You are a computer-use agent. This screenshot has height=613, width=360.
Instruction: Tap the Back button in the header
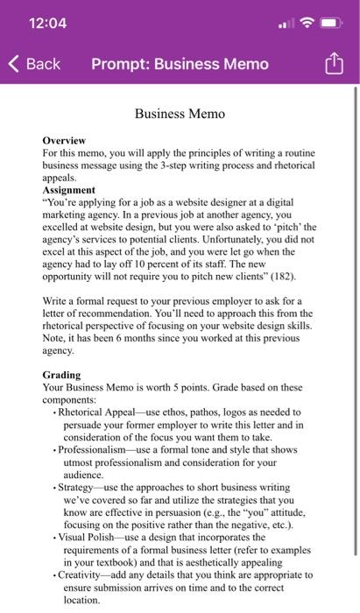pyautogui.click(x=35, y=64)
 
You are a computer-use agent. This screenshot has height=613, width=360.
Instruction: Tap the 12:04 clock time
pyautogui.click(x=47, y=23)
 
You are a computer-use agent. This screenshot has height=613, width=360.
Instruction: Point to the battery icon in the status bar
pyautogui.click(x=335, y=23)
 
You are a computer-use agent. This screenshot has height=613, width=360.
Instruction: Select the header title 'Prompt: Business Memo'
pyautogui.click(x=180, y=64)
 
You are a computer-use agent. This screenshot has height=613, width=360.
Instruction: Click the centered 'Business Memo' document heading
pyautogui.click(x=180, y=114)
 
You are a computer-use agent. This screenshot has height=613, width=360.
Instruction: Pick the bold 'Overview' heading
pyautogui.click(x=64, y=140)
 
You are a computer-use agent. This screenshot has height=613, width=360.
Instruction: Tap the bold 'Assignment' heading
pyautogui.click(x=69, y=189)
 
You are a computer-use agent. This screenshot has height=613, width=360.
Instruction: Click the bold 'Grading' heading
pyautogui.click(x=61, y=375)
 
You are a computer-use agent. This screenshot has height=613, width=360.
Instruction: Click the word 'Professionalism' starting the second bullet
pyautogui.click(x=95, y=448)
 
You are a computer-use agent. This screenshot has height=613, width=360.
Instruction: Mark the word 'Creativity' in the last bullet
pyautogui.click(x=84, y=574)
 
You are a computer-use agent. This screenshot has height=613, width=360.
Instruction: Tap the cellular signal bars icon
pyautogui.click(x=286, y=24)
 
